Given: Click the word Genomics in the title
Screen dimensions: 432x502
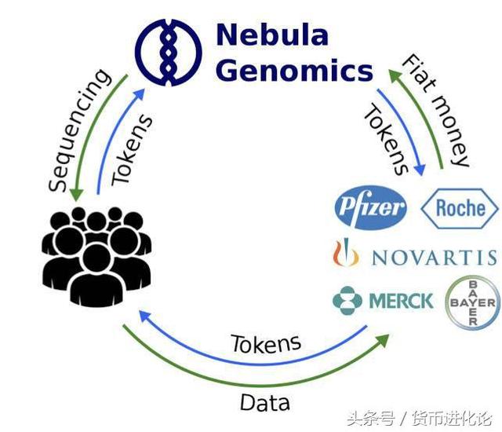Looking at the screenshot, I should (x=294, y=71).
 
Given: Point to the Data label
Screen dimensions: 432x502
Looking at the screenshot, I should (x=264, y=403).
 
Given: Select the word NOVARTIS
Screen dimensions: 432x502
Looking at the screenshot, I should (x=433, y=257).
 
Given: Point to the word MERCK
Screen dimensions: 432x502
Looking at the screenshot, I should (x=400, y=300).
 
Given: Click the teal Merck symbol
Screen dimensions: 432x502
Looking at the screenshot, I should (x=347, y=300).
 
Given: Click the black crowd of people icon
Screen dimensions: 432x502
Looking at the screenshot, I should (x=96, y=255).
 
